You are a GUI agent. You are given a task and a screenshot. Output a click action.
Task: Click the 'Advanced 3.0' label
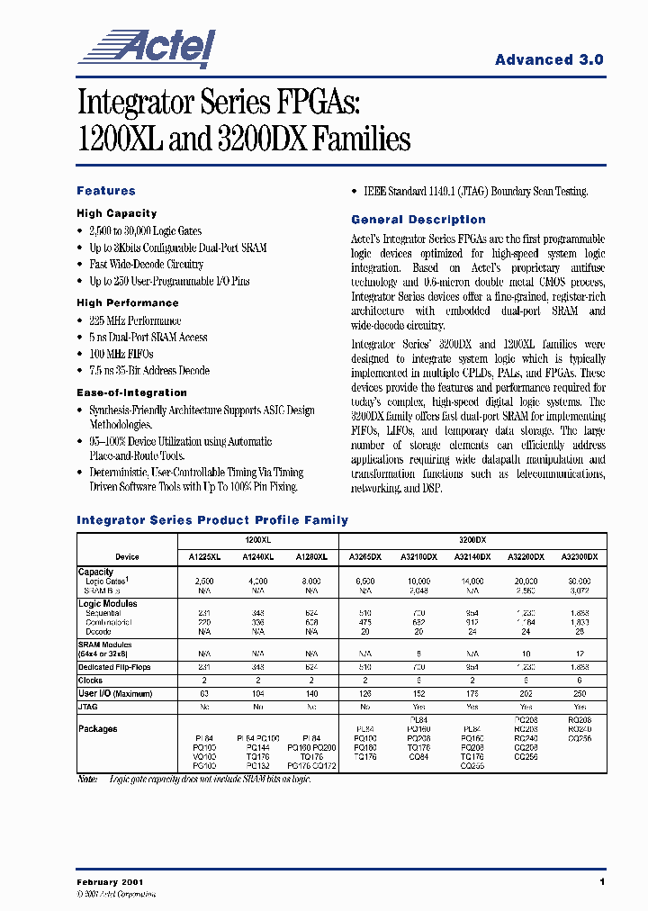[549, 59]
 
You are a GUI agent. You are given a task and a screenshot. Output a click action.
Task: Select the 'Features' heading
[106, 191]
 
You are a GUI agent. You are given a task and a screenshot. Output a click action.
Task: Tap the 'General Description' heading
[418, 220]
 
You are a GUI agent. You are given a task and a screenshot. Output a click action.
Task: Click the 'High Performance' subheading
[128, 303]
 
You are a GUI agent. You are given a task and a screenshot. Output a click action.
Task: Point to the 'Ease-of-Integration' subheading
[131, 392]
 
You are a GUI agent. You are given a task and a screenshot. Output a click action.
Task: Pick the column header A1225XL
[203, 557]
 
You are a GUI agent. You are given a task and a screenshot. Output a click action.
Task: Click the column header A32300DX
[579, 557]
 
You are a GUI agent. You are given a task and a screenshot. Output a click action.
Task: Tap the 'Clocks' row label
[90, 681]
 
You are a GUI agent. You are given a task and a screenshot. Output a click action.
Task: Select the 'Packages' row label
[97, 729]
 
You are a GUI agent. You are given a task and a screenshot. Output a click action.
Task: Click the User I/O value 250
[579, 694]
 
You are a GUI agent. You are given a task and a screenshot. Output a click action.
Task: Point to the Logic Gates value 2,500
[203, 582]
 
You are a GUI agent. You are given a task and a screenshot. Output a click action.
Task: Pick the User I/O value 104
[258, 694]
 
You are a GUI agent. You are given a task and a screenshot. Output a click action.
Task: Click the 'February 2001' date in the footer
[110, 882]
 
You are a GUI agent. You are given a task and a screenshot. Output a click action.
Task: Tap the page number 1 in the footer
[601, 882]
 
